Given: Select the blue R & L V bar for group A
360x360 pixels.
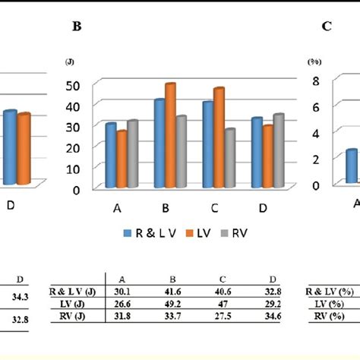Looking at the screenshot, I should click(111, 156).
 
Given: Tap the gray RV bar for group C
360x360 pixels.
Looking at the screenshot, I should click(229, 158).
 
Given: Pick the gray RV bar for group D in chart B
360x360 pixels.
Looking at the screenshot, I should click(279, 150).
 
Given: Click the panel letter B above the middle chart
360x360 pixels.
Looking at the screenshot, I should click(76, 27).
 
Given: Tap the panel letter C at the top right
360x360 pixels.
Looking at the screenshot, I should click(326, 27).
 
